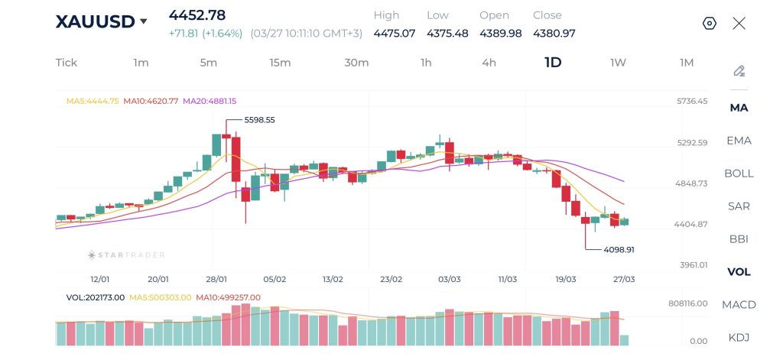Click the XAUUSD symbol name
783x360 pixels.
click(x=94, y=21)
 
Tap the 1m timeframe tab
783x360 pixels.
click(x=141, y=63)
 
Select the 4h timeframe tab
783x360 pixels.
click(x=489, y=63)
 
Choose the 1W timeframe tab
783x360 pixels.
click(x=618, y=63)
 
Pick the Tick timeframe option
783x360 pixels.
click(x=67, y=63)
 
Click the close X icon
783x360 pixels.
click(x=739, y=23)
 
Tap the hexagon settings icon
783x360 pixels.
click(x=709, y=23)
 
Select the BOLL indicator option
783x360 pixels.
click(x=739, y=174)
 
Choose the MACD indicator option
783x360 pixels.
click(x=739, y=305)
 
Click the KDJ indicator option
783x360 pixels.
click(x=739, y=338)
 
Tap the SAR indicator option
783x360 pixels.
click(x=739, y=206)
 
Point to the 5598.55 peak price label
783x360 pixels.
click(x=259, y=120)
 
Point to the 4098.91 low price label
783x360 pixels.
click(x=619, y=249)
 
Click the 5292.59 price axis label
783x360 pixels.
click(x=692, y=142)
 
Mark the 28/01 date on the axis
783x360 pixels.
click(x=216, y=280)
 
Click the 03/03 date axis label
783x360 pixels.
click(x=448, y=280)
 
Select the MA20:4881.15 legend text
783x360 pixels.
click(x=210, y=101)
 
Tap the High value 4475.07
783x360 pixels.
click(x=394, y=34)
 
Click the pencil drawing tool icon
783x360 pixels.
click(x=739, y=71)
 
